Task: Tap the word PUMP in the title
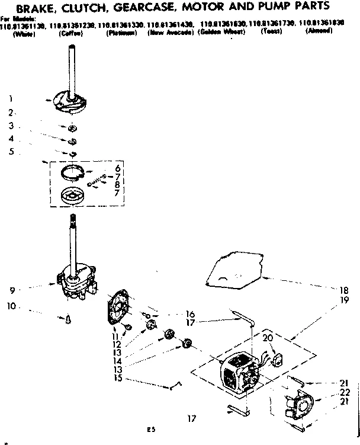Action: point(274,8)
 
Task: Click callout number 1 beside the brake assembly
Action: point(11,98)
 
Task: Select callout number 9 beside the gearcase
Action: point(12,290)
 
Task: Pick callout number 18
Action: point(343,290)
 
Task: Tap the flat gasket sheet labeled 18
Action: point(234,270)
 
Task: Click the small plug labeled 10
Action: point(69,319)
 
